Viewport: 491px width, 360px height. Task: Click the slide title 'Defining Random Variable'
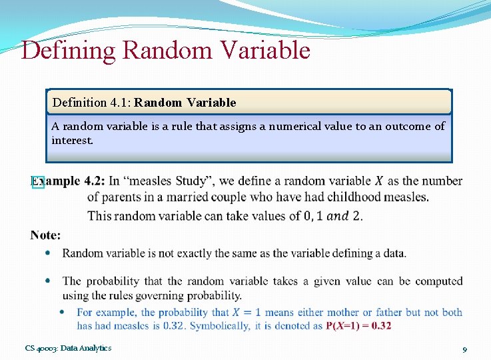tap(165, 51)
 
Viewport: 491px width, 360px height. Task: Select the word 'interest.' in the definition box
tap(73, 141)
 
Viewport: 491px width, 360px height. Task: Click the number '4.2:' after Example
tap(93, 181)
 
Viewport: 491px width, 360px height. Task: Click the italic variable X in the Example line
tap(379, 181)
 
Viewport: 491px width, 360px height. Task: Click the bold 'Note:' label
tap(45, 235)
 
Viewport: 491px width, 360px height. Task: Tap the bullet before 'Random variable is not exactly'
tap(47, 253)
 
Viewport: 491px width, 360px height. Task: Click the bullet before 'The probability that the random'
tap(47, 281)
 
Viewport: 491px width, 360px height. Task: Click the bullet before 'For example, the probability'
tap(62, 312)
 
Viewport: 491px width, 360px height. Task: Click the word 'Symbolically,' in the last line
tap(222, 326)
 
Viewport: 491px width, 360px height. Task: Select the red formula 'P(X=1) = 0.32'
tap(358, 326)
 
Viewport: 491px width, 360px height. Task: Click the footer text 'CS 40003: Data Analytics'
tap(69, 348)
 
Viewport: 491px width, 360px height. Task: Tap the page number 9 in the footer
tap(464, 349)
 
